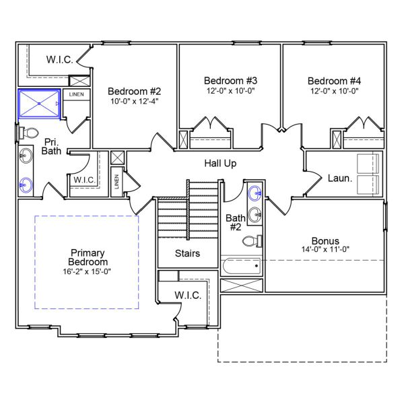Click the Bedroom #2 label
(134, 91)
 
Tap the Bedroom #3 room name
(230, 80)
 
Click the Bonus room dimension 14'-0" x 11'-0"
(325, 249)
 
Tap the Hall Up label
(220, 164)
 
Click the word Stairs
(187, 254)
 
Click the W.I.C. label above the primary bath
(59, 59)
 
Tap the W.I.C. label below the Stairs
(187, 295)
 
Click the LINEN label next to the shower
(76, 94)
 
